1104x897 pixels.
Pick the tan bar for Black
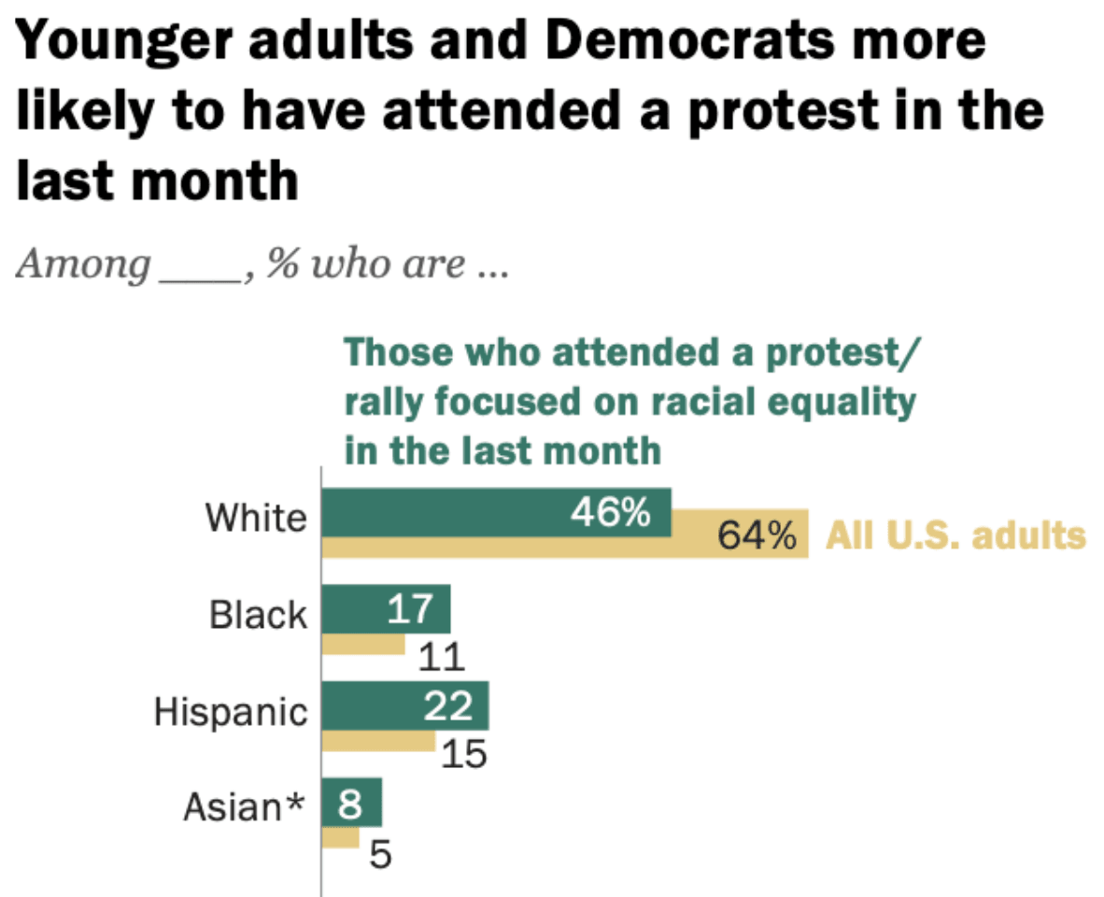363,645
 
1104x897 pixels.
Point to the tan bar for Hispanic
378,741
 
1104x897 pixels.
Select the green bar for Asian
351,802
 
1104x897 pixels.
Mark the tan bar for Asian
340,839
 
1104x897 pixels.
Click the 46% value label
611,512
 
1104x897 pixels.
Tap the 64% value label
757,537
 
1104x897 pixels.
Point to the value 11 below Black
441,659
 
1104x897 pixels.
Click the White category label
255,517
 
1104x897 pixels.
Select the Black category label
258,614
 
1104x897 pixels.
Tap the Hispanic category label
230,711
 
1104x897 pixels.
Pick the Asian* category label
244,807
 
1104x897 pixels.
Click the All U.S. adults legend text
956,536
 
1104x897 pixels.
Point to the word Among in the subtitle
83,265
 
